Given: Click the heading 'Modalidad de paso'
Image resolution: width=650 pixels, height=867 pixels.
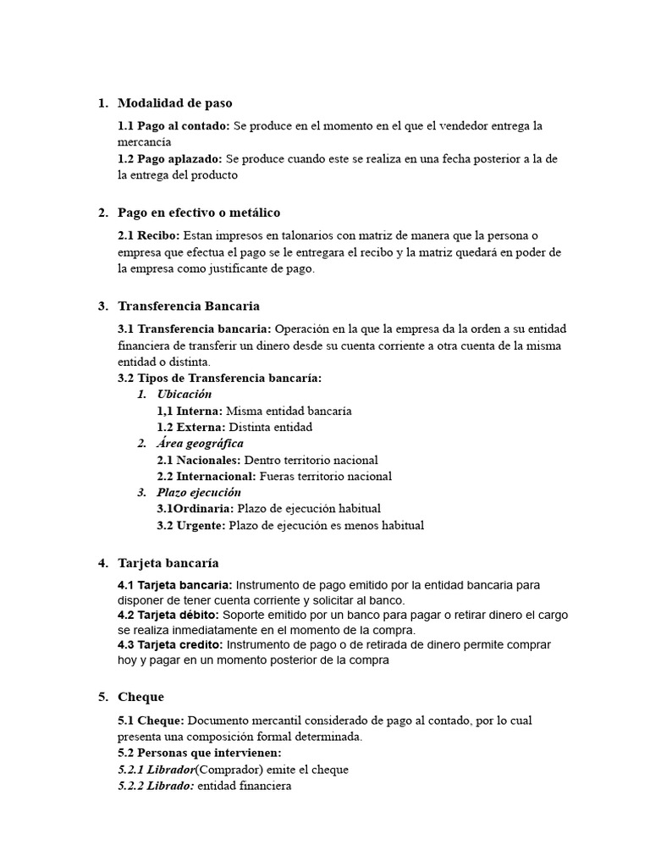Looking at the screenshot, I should point(174,103).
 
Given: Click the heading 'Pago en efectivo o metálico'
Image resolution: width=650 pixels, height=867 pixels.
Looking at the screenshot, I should point(199,213).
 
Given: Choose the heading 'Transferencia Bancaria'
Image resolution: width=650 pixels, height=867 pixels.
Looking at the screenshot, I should point(189,306).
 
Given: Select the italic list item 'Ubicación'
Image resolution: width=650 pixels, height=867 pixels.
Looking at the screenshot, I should point(184,395).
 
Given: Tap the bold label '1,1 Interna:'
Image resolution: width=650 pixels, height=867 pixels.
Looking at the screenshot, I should point(190,411).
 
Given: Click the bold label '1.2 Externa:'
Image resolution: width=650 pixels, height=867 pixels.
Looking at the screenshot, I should point(190,428).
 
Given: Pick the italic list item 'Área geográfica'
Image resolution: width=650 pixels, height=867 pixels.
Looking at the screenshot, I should point(200,444).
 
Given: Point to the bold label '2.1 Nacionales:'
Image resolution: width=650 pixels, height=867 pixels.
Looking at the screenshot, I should point(199,461).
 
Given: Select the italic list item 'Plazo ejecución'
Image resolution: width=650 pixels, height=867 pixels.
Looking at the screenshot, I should point(199,493).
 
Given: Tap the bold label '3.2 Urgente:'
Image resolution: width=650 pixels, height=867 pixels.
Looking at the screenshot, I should point(191,526).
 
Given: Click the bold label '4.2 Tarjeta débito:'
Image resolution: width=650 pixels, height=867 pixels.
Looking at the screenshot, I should point(168,615).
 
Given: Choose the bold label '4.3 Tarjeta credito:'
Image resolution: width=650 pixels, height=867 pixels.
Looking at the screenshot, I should point(170,645).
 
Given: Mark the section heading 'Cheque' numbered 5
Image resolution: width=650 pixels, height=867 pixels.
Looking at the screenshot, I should point(140,697).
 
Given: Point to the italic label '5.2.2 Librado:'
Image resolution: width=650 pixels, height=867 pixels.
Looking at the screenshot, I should point(156,787).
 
